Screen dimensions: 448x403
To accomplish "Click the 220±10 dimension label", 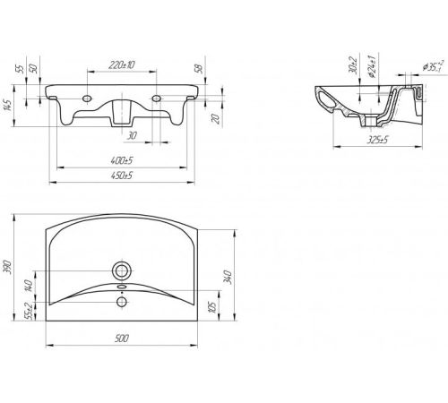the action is (x=122, y=64).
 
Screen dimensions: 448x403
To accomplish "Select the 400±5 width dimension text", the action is (x=122, y=160).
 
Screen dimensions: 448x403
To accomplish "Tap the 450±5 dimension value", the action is (x=122, y=176).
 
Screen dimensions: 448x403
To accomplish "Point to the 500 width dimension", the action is (x=122, y=339).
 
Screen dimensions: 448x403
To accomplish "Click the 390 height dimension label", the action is (x=7, y=268).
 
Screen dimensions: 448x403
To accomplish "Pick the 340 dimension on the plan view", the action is (x=228, y=277).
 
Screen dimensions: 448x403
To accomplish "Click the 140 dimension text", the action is (x=29, y=286).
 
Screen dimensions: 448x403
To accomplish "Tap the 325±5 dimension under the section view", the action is (x=377, y=140).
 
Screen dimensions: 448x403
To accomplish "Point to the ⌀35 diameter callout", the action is (x=434, y=66).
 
